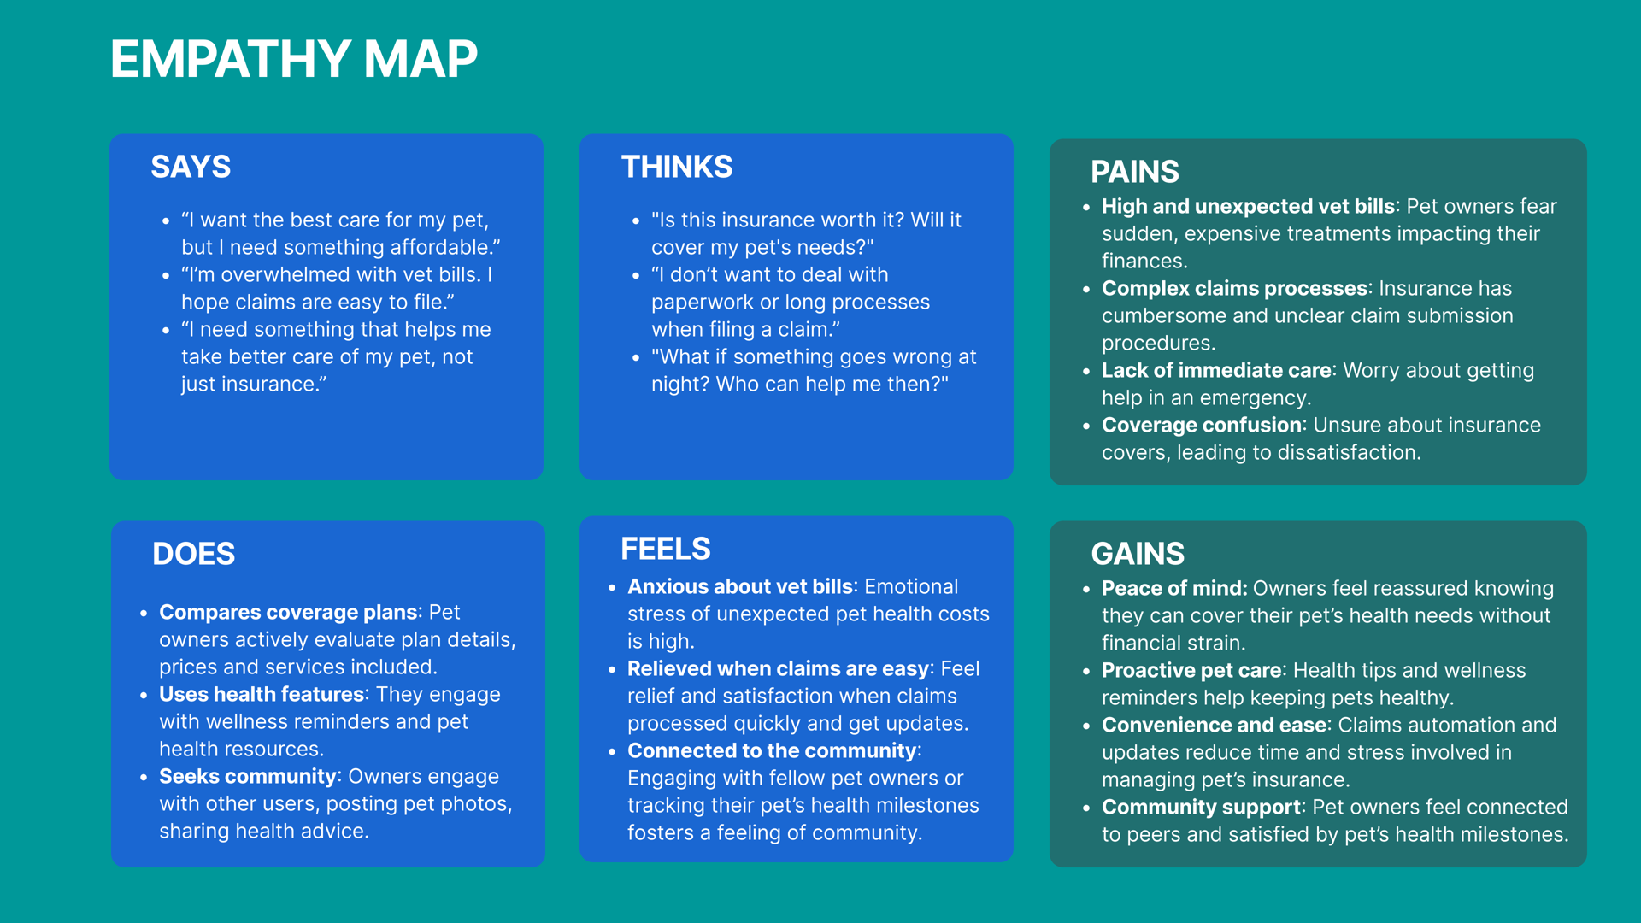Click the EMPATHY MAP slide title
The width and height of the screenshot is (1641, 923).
pos(294,60)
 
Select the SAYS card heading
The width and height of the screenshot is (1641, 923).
pos(191,167)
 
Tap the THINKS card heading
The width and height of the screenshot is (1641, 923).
pos(677,167)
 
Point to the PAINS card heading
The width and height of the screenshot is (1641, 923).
pos(1135,172)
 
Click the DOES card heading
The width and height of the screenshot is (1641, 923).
pos(194,554)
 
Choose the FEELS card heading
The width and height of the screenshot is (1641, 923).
pos(666,549)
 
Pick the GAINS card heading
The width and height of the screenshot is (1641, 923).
pos(1138,554)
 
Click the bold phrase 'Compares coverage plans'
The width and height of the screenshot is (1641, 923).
pos(289,613)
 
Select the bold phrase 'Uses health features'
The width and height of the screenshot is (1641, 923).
pos(262,695)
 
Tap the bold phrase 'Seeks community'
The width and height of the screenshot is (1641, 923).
pos(248,777)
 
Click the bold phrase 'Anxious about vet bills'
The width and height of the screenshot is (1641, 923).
pos(740,587)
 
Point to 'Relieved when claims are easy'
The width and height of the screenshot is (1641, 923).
pos(779,669)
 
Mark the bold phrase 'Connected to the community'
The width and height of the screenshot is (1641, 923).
pos(772,751)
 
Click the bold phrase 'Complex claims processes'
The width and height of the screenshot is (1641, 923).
pos(1235,289)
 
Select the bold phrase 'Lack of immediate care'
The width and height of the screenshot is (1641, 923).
pos(1216,371)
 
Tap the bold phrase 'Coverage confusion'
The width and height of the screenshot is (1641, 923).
pos(1202,426)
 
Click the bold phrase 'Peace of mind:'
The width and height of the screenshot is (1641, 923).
pos(1174,589)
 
